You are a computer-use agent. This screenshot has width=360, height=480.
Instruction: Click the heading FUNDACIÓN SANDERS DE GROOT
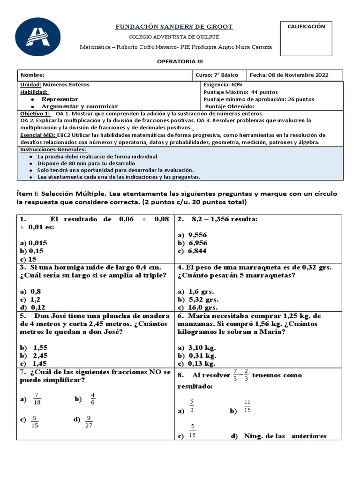point(174,27)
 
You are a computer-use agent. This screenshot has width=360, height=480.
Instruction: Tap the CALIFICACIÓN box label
point(306,27)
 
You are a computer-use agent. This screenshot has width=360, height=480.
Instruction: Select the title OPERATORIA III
point(180,61)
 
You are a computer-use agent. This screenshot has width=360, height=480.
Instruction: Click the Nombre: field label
point(32,75)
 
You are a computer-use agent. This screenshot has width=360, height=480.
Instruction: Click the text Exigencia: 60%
point(223,85)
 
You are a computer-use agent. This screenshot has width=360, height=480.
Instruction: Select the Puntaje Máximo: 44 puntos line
point(241,92)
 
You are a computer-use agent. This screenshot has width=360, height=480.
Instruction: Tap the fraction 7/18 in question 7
point(38,399)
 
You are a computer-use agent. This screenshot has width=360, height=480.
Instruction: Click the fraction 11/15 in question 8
point(247,406)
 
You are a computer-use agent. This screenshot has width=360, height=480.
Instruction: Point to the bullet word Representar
point(60,99)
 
